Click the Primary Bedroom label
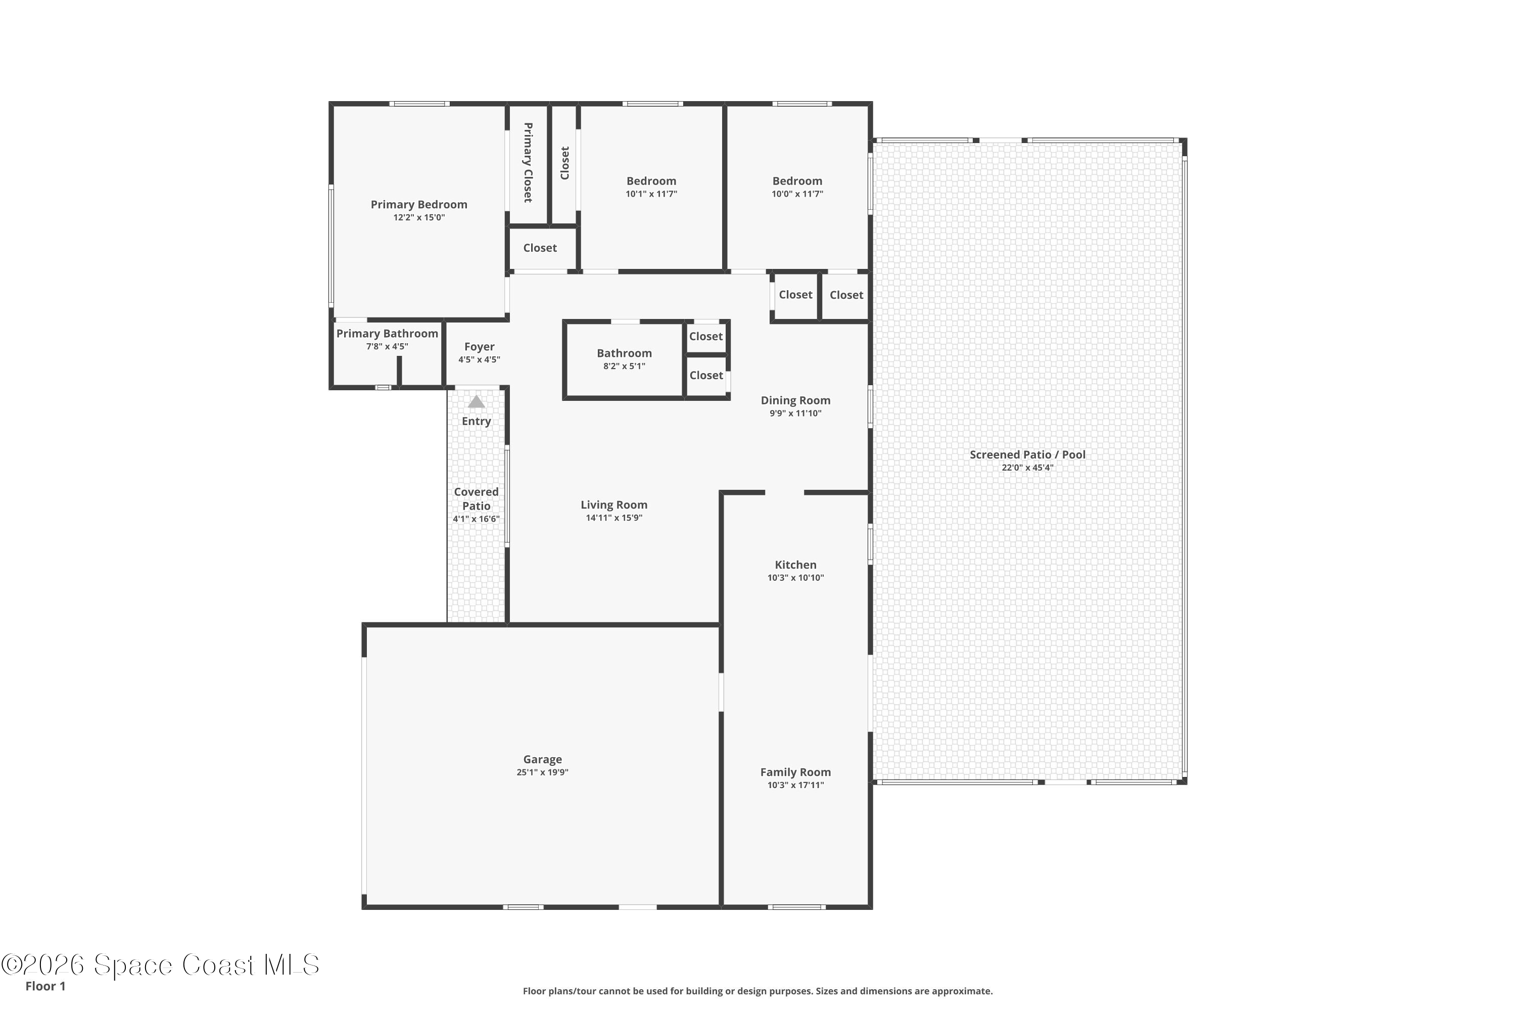click(418, 204)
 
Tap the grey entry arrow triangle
click(477, 402)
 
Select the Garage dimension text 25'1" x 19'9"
click(542, 772)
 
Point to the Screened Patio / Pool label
click(1027, 454)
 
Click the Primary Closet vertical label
click(528, 162)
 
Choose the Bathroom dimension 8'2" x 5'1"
click(624, 366)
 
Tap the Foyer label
click(479, 347)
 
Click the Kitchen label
click(795, 565)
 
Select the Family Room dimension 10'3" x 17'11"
click(795, 786)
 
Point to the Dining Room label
click(795, 400)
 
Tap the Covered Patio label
click(477, 498)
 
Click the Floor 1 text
click(45, 986)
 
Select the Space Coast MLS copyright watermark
click(160, 965)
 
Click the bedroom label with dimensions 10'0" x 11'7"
click(797, 181)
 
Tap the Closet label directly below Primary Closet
click(540, 248)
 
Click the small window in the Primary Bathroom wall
click(383, 388)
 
